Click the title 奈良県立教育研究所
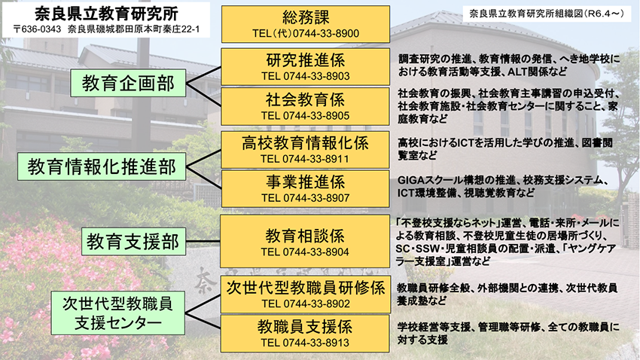106,14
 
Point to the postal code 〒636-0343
37,29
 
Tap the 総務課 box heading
305,17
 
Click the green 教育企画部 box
128,83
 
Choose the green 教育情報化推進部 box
102,166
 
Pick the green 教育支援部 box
133,242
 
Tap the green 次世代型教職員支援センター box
118,313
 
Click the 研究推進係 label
305,60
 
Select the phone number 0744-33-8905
316,115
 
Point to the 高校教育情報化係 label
305,143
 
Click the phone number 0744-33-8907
316,198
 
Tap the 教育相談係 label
305,236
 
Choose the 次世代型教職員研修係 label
306,288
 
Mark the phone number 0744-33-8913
316,343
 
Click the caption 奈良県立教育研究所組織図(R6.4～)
547,14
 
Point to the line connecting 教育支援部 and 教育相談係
203,241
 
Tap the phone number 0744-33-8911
316,159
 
